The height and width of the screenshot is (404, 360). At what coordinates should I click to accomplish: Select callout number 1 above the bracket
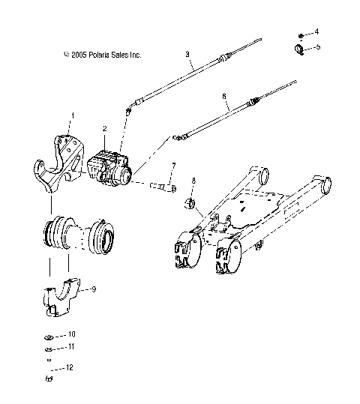point(72,115)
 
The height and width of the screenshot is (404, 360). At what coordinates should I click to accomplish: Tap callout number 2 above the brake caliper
point(105,129)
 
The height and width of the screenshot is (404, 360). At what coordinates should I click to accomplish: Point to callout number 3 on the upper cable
point(187,55)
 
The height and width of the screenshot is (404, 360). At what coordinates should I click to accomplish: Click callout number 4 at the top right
point(316,31)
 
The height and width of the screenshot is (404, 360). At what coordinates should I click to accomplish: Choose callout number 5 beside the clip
point(317,46)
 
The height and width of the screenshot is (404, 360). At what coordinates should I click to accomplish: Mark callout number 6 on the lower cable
point(224,96)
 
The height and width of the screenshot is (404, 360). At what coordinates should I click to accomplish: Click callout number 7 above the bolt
point(174,166)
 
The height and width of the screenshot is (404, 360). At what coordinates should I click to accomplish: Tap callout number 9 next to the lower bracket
point(93,288)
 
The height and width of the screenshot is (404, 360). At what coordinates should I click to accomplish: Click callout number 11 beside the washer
point(72,347)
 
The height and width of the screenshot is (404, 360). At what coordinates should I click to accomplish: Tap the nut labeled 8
point(190,203)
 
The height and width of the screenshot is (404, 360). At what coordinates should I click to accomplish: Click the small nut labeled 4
point(300,35)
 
